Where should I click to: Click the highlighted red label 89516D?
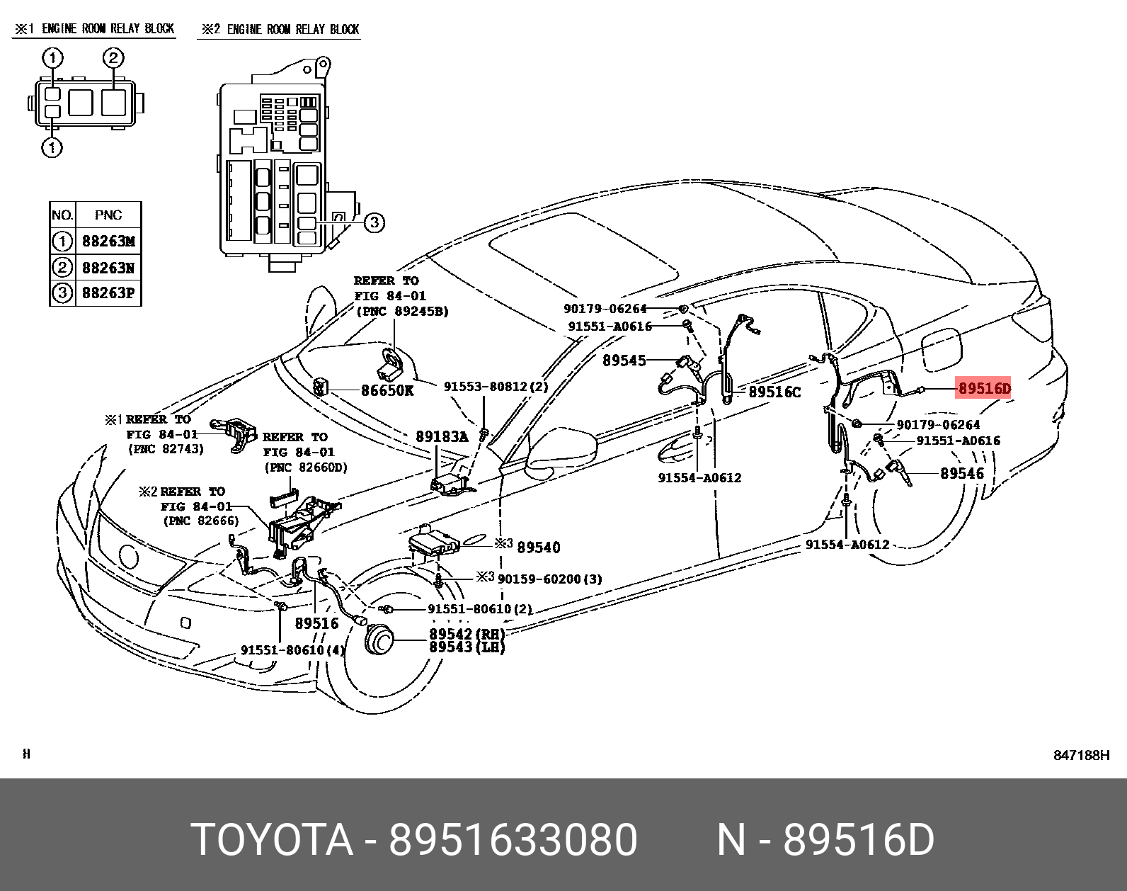click(984, 388)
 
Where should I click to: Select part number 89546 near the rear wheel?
click(961, 473)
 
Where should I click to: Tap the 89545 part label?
click(624, 361)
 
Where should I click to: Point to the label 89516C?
click(774, 392)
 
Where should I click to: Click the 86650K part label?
click(387, 390)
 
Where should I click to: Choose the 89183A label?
click(442, 437)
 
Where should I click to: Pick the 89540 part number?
click(539, 547)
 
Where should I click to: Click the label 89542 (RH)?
click(467, 634)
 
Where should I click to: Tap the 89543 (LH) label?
click(467, 647)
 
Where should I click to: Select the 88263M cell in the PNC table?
click(108, 242)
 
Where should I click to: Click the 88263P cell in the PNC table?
click(108, 293)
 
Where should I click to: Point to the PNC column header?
click(108, 215)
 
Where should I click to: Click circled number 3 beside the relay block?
click(374, 222)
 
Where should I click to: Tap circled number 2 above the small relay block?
click(113, 58)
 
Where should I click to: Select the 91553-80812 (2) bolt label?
click(496, 387)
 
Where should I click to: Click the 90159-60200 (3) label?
click(549, 579)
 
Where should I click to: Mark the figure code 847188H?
click(1081, 755)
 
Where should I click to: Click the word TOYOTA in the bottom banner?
click(272, 840)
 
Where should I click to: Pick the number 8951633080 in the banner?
click(513, 840)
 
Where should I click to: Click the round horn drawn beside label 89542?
click(379, 641)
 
